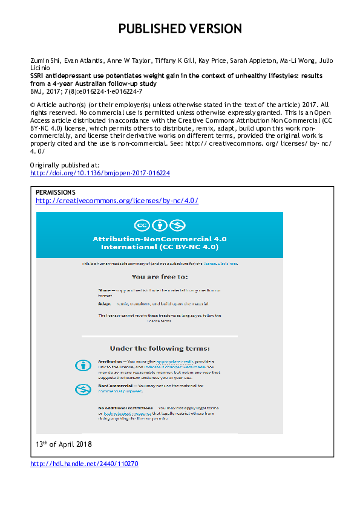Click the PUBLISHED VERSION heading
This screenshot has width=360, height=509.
180,28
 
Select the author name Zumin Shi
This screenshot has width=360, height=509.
43,60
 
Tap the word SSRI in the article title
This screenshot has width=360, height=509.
38,76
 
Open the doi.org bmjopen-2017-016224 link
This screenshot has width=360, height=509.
100,173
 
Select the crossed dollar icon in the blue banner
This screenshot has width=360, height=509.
176,225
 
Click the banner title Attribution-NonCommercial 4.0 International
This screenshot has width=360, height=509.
160,243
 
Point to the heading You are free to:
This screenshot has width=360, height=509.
159,279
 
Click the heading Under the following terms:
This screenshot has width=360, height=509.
160,348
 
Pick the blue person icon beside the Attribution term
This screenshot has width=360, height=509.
82,365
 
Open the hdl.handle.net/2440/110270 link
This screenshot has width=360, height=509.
84,464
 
